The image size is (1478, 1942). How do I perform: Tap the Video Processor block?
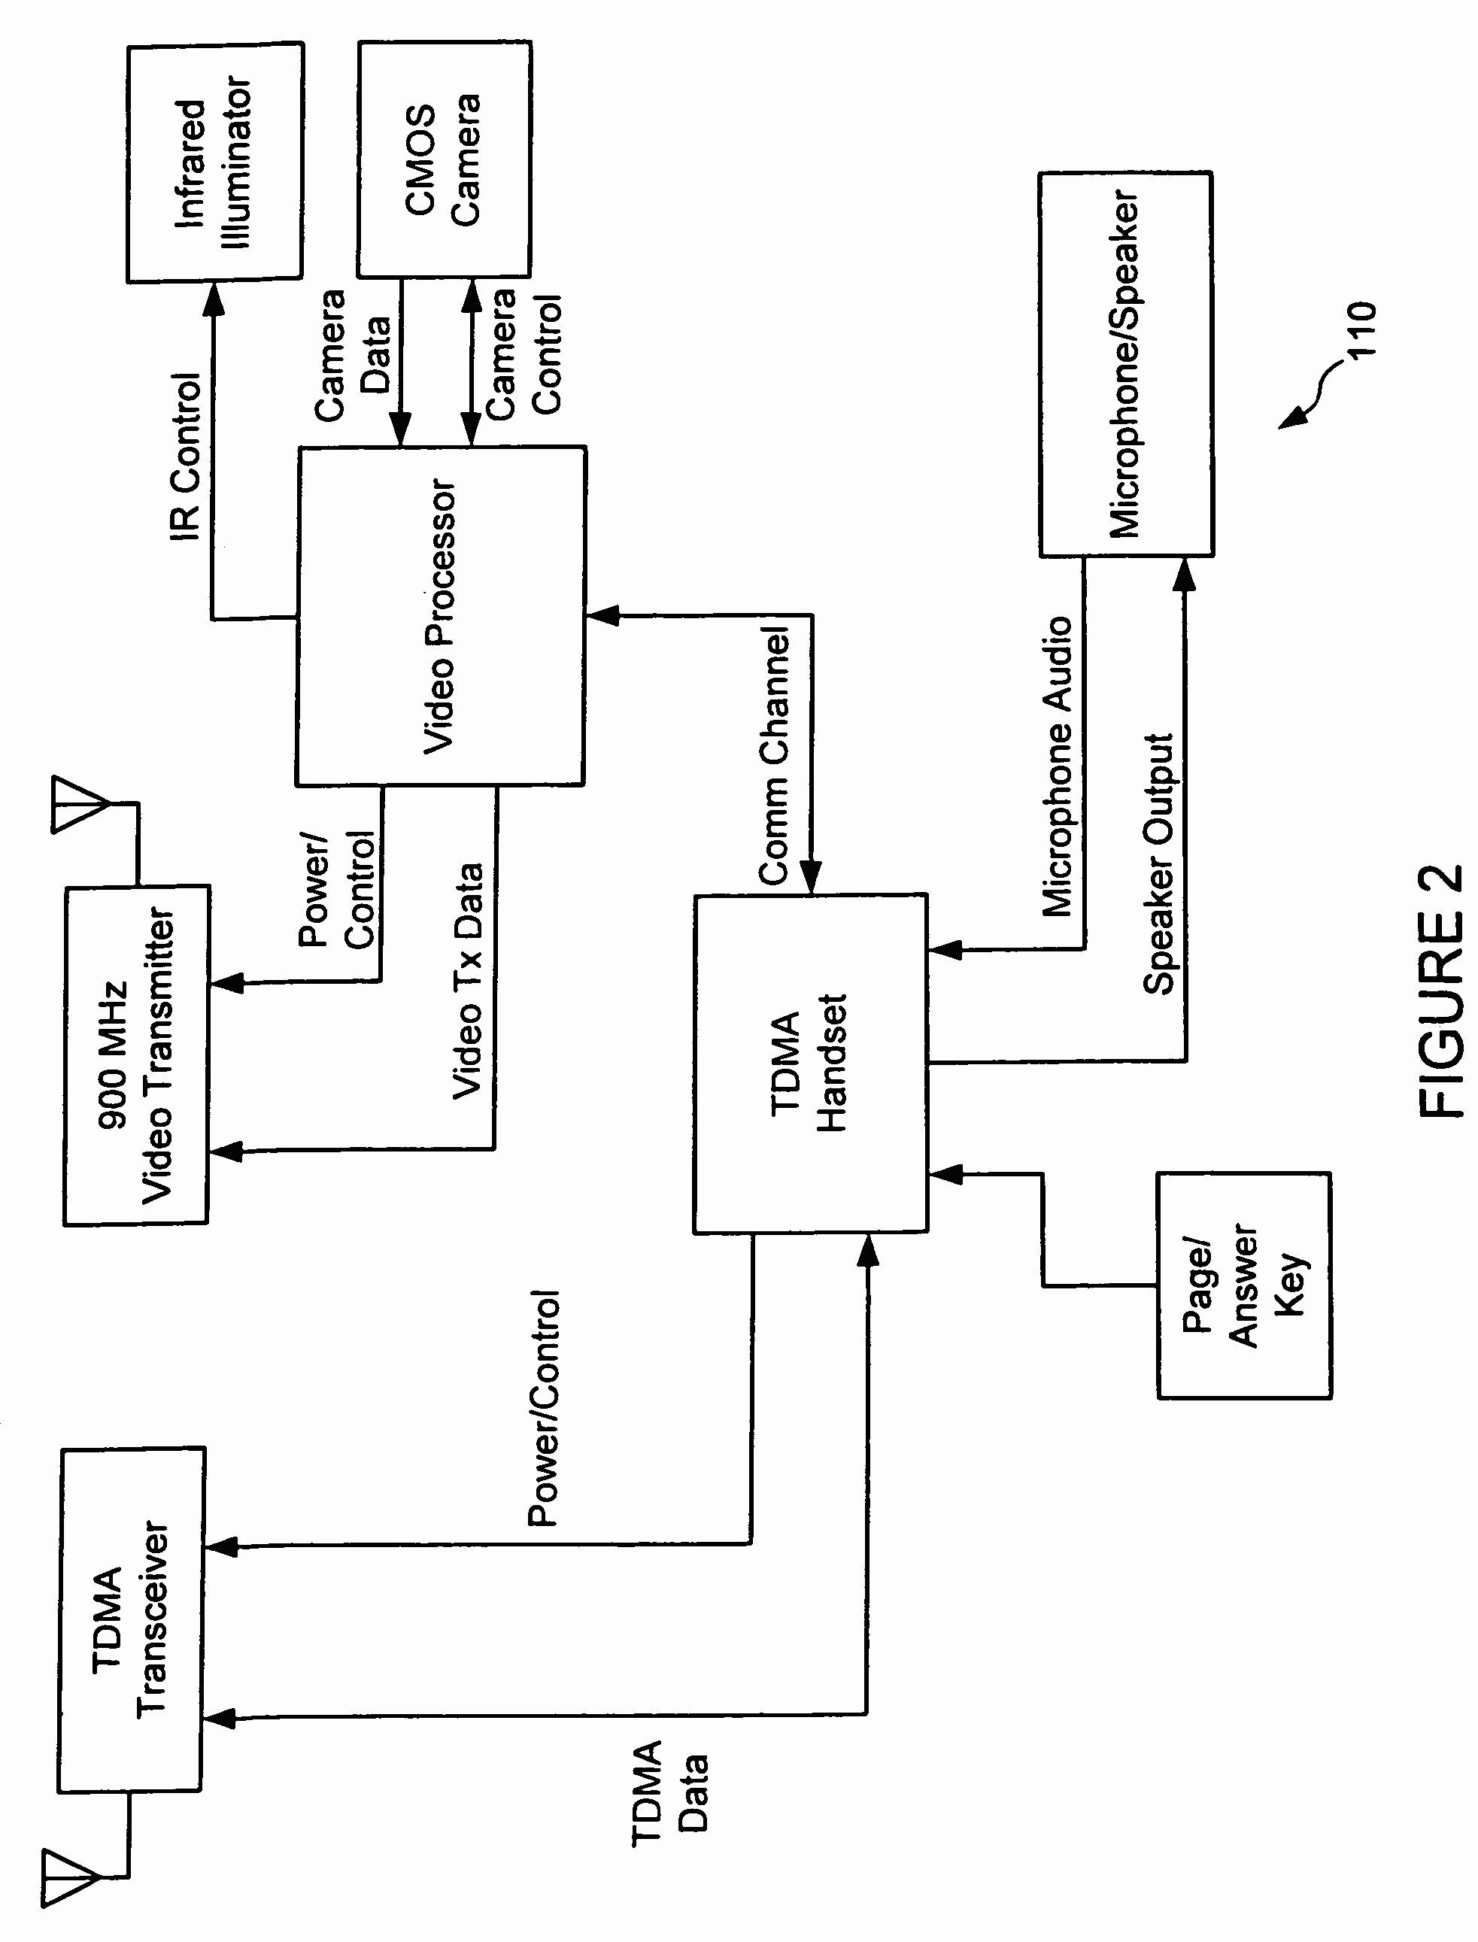[440, 616]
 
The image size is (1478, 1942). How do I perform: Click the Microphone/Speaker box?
[1125, 364]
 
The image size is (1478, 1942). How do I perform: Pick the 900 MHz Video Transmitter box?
[136, 1054]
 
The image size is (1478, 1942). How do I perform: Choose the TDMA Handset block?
[809, 1064]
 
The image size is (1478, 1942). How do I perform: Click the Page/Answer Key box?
[1243, 1285]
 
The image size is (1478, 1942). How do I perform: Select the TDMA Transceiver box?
[131, 1619]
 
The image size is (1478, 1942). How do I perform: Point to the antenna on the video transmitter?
[79, 804]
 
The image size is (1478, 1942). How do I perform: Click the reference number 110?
[1362, 330]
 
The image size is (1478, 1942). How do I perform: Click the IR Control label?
[186, 457]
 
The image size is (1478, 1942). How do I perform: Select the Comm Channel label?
[774, 756]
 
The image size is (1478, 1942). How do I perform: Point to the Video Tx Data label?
[468, 981]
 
